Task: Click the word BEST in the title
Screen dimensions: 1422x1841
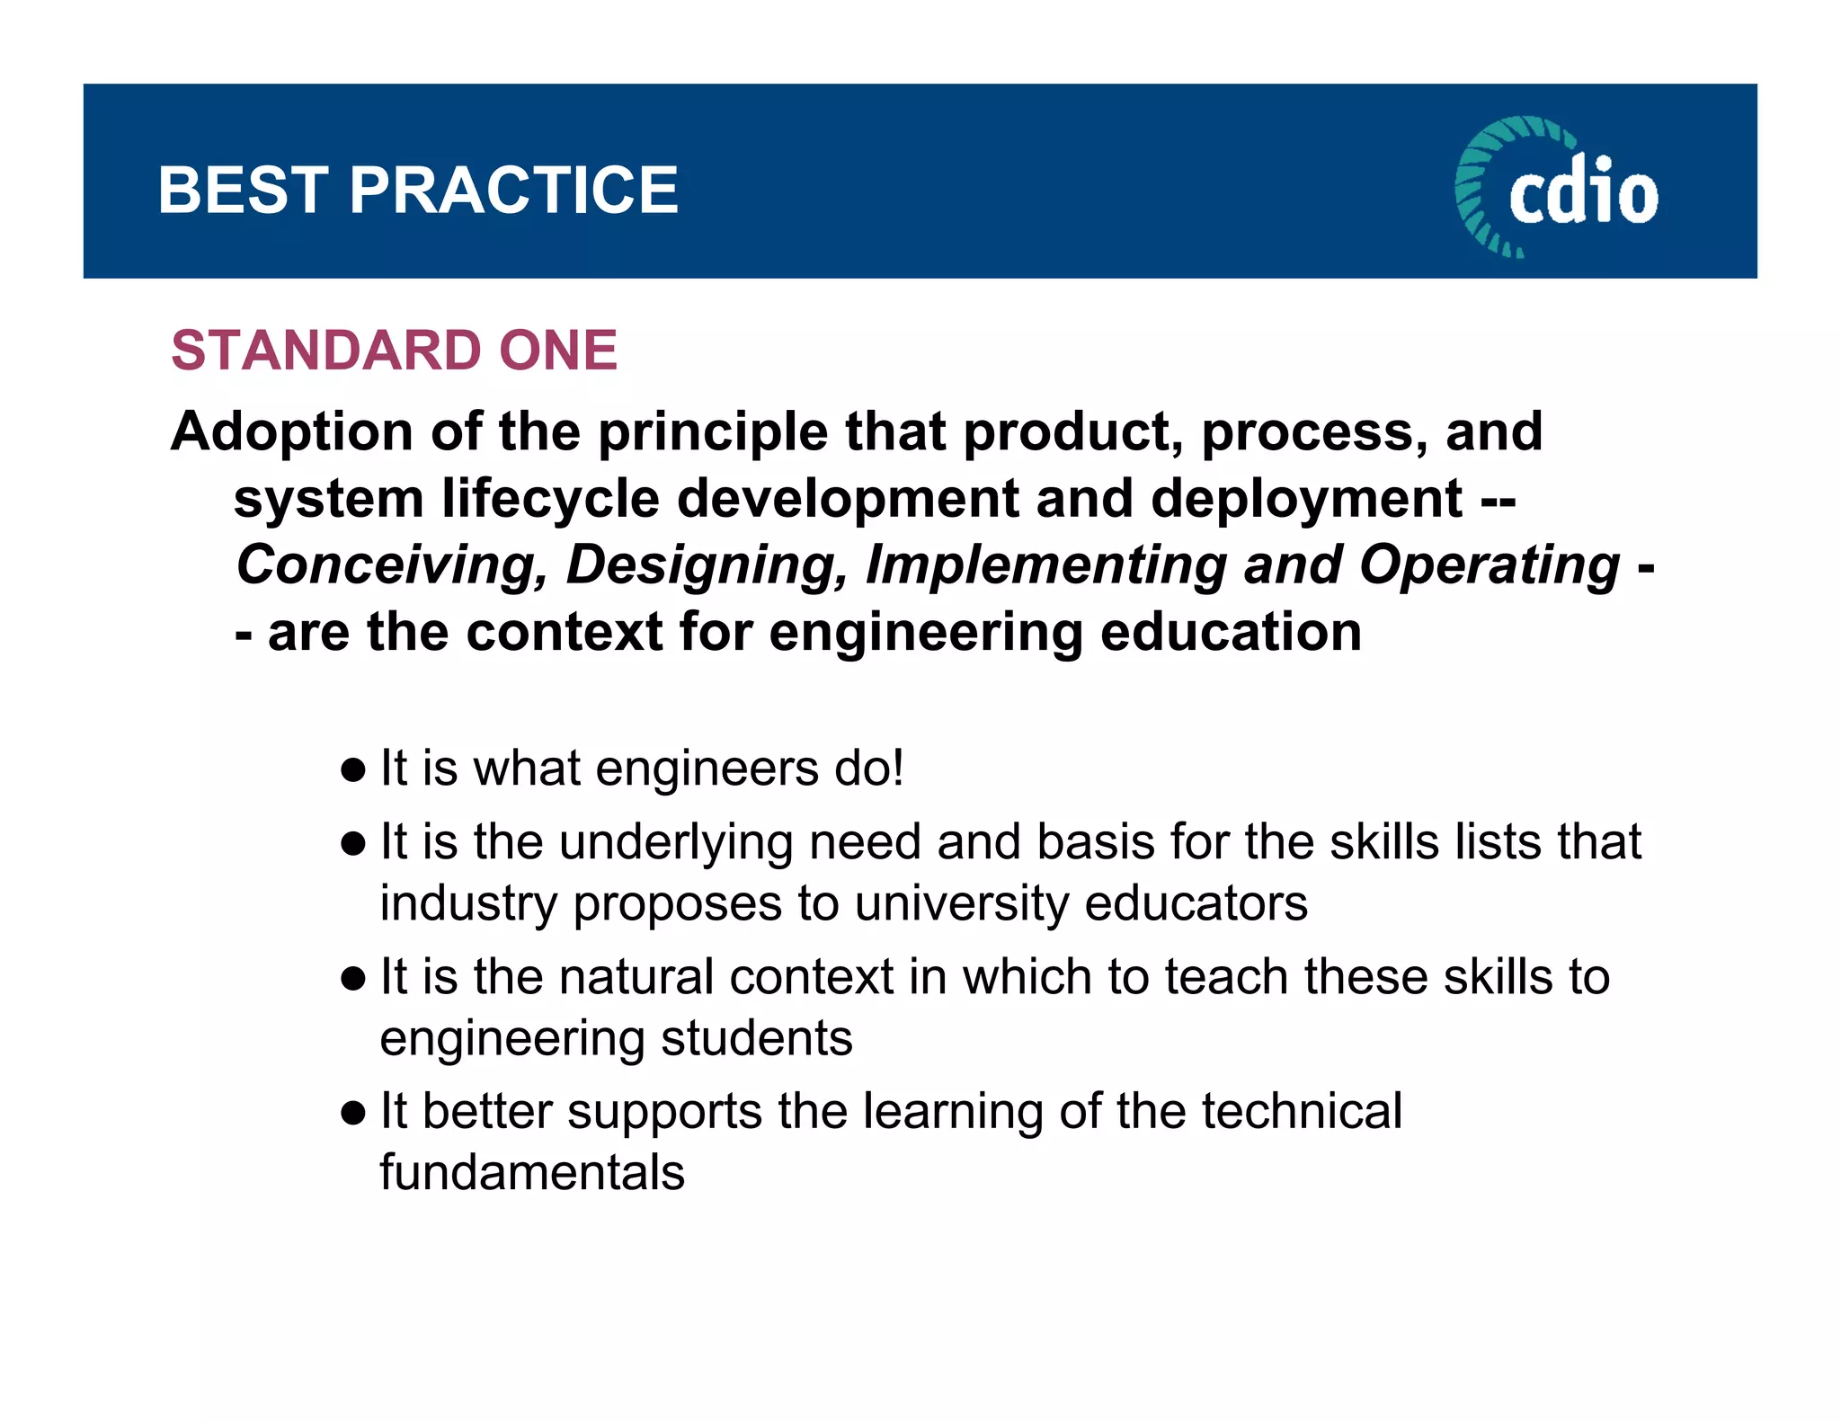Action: [242, 191]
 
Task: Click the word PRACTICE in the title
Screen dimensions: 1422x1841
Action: [513, 191]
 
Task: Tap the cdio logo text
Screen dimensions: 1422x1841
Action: [1583, 191]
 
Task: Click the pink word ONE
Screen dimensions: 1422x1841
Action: [558, 350]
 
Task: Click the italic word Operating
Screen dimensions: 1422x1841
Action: [1489, 565]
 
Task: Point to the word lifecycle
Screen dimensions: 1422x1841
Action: [550, 499]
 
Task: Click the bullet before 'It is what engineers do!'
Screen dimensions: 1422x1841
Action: [353, 769]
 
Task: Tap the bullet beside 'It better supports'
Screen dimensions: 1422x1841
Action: [353, 1113]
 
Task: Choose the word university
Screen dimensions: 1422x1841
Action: [961, 903]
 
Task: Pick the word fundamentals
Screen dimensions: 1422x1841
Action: [532, 1173]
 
